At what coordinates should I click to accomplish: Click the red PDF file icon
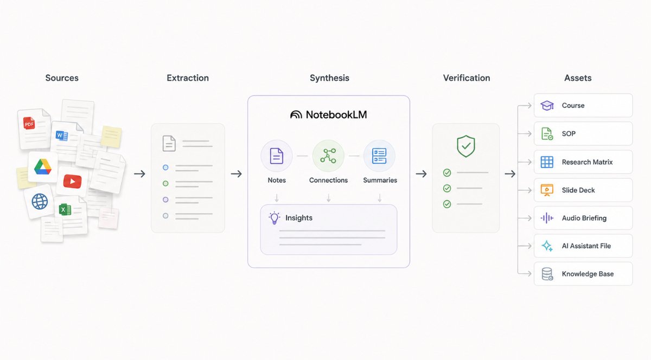[x=29, y=123]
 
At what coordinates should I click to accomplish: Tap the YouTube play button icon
[x=72, y=181]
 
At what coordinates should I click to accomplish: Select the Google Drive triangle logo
[x=43, y=167]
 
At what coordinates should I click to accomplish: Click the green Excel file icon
[x=65, y=209]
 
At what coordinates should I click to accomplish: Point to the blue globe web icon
[x=40, y=201]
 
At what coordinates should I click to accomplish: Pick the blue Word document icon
[x=62, y=136]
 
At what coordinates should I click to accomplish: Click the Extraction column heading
[x=188, y=78]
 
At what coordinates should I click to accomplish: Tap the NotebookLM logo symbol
[x=296, y=114]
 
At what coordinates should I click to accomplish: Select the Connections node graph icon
[x=328, y=156]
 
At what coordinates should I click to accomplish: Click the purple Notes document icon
[x=276, y=156]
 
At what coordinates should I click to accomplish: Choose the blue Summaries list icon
[x=379, y=156]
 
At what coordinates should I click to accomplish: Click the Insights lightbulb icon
[x=275, y=218]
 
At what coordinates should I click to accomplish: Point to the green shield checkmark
[x=466, y=146]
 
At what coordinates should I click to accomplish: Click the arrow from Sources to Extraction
[x=139, y=173]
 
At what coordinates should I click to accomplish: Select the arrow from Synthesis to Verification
[x=421, y=173]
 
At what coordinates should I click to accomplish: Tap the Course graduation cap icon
[x=547, y=106]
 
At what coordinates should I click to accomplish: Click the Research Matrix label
[x=587, y=162]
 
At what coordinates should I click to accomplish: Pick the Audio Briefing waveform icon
[x=547, y=218]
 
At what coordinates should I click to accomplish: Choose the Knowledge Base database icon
[x=547, y=274]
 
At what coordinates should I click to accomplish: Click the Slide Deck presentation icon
[x=547, y=190]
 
